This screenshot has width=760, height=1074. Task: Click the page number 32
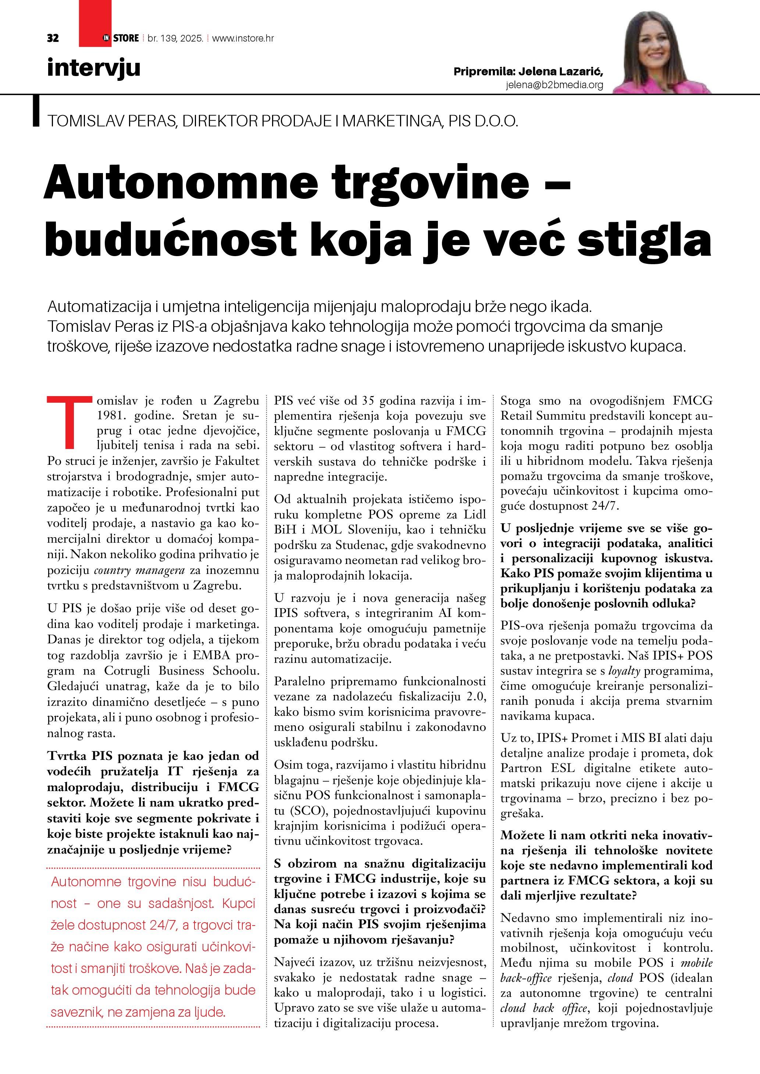point(53,38)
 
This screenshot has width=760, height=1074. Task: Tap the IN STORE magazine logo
point(121,38)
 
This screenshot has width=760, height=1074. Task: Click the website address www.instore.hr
point(243,38)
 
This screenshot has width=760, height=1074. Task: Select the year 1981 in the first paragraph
point(112,415)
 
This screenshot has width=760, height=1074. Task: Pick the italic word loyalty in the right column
point(624,671)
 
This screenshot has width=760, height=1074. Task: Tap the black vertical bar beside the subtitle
point(36,111)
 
